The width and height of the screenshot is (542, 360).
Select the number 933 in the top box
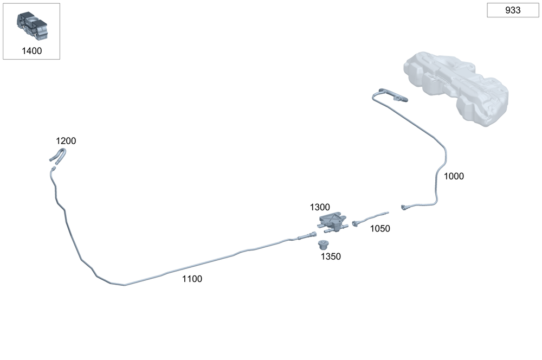pyautogui.click(x=513, y=10)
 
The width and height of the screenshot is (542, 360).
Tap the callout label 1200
pyautogui.click(x=66, y=141)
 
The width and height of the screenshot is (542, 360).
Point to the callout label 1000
pyautogui.click(x=454, y=176)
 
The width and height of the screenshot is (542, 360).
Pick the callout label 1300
pyautogui.click(x=320, y=207)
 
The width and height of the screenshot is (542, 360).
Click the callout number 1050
pyautogui.click(x=380, y=229)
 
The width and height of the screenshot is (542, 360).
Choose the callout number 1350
pyautogui.click(x=331, y=256)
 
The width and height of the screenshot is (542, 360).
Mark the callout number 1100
pyautogui.click(x=192, y=279)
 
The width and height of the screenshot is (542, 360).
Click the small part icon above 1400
pyautogui.click(x=31, y=25)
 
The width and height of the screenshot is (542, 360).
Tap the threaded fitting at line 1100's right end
pyautogui.click(x=307, y=236)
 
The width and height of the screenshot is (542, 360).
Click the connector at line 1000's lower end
pyautogui.click(x=404, y=207)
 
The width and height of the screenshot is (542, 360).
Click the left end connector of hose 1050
pyautogui.click(x=356, y=222)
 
